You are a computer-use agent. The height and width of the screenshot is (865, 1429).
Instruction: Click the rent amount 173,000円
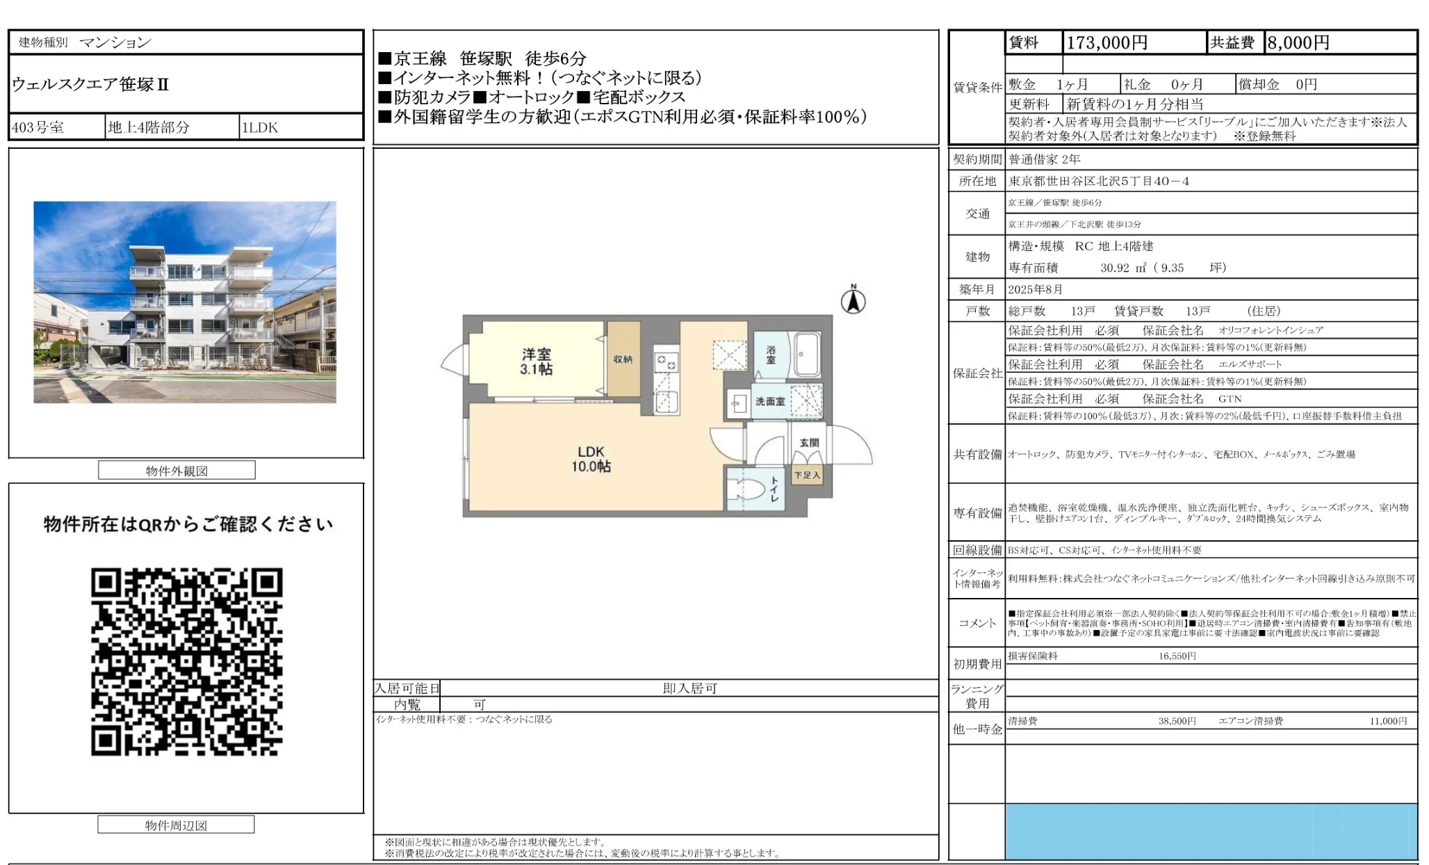[x=1107, y=42]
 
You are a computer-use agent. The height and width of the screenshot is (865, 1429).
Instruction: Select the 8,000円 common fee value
[x=1298, y=42]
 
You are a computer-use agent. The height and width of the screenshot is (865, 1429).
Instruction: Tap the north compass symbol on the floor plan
[x=853, y=300]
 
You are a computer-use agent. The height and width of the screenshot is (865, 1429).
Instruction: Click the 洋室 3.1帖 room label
[x=536, y=362]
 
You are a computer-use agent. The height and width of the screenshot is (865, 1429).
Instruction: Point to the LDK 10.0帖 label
[x=591, y=459]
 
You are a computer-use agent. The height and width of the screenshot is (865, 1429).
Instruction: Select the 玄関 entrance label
[x=808, y=442]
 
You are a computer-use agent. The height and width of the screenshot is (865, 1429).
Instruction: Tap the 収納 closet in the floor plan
[x=623, y=359]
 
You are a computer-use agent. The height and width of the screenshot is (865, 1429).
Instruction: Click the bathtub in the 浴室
[x=807, y=355]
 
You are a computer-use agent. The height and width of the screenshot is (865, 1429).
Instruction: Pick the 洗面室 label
[x=769, y=401]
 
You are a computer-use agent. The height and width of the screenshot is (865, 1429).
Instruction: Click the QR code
[x=186, y=661]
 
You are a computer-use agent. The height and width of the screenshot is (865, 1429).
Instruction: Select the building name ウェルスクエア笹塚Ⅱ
[x=90, y=84]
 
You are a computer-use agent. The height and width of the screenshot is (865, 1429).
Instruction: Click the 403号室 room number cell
[x=38, y=127]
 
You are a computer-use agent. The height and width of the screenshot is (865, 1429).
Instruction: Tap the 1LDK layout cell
[x=259, y=127]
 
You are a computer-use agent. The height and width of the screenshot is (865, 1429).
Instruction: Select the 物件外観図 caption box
[x=177, y=471]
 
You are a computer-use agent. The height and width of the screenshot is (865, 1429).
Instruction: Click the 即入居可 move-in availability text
[x=689, y=688]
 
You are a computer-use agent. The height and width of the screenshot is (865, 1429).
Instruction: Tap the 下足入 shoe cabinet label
[x=807, y=475]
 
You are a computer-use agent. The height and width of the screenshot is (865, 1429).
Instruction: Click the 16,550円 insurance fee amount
[x=1177, y=656]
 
